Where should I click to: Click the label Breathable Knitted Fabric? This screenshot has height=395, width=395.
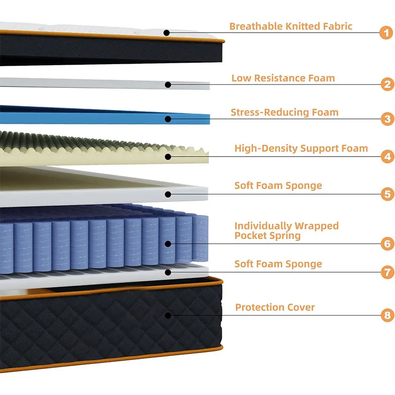pyautogui.click(x=291, y=26)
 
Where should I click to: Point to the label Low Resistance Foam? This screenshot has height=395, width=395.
pyautogui.click(x=283, y=78)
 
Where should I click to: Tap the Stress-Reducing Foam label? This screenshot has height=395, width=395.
pyautogui.click(x=284, y=112)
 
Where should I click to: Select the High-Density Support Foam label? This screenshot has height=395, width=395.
pyautogui.click(x=301, y=148)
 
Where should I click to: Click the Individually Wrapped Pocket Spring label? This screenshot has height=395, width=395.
pyautogui.click(x=286, y=231)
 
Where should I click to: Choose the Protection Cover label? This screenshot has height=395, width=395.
pyautogui.click(x=275, y=307)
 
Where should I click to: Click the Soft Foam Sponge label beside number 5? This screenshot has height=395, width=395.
pyautogui.click(x=278, y=186)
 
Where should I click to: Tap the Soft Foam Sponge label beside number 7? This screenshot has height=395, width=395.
pyautogui.click(x=278, y=264)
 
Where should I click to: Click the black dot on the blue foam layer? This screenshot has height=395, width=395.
pyautogui.click(x=168, y=118)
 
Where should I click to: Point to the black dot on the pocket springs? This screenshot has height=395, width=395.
pyautogui.click(x=168, y=243)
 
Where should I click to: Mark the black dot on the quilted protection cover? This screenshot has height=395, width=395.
pyautogui.click(x=168, y=315)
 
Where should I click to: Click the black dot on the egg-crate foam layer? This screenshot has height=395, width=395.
pyautogui.click(x=168, y=157)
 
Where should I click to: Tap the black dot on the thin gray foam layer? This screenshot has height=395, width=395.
pyautogui.click(x=168, y=85)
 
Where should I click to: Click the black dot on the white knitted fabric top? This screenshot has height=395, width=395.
pyautogui.click(x=167, y=33)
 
